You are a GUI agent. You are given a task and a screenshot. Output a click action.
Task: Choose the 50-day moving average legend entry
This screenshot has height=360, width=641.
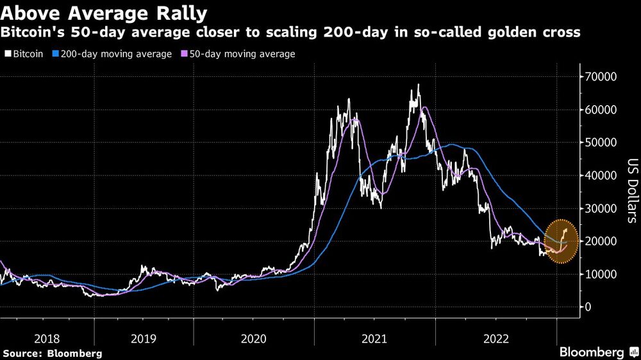coord(240,54)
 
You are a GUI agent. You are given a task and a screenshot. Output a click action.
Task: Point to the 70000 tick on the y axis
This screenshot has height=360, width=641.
coord(602,77)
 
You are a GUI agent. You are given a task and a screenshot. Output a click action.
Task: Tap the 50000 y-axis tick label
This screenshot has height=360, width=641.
coord(602,143)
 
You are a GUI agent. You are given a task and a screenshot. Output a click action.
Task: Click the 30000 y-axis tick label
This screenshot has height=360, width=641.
coord(602,209)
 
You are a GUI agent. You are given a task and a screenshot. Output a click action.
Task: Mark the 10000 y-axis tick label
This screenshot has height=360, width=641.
coord(602,274)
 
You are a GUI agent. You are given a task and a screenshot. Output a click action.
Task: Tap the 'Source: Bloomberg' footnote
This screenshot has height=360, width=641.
coord(52,353)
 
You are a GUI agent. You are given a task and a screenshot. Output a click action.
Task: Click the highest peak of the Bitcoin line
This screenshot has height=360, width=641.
coord(419,85)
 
